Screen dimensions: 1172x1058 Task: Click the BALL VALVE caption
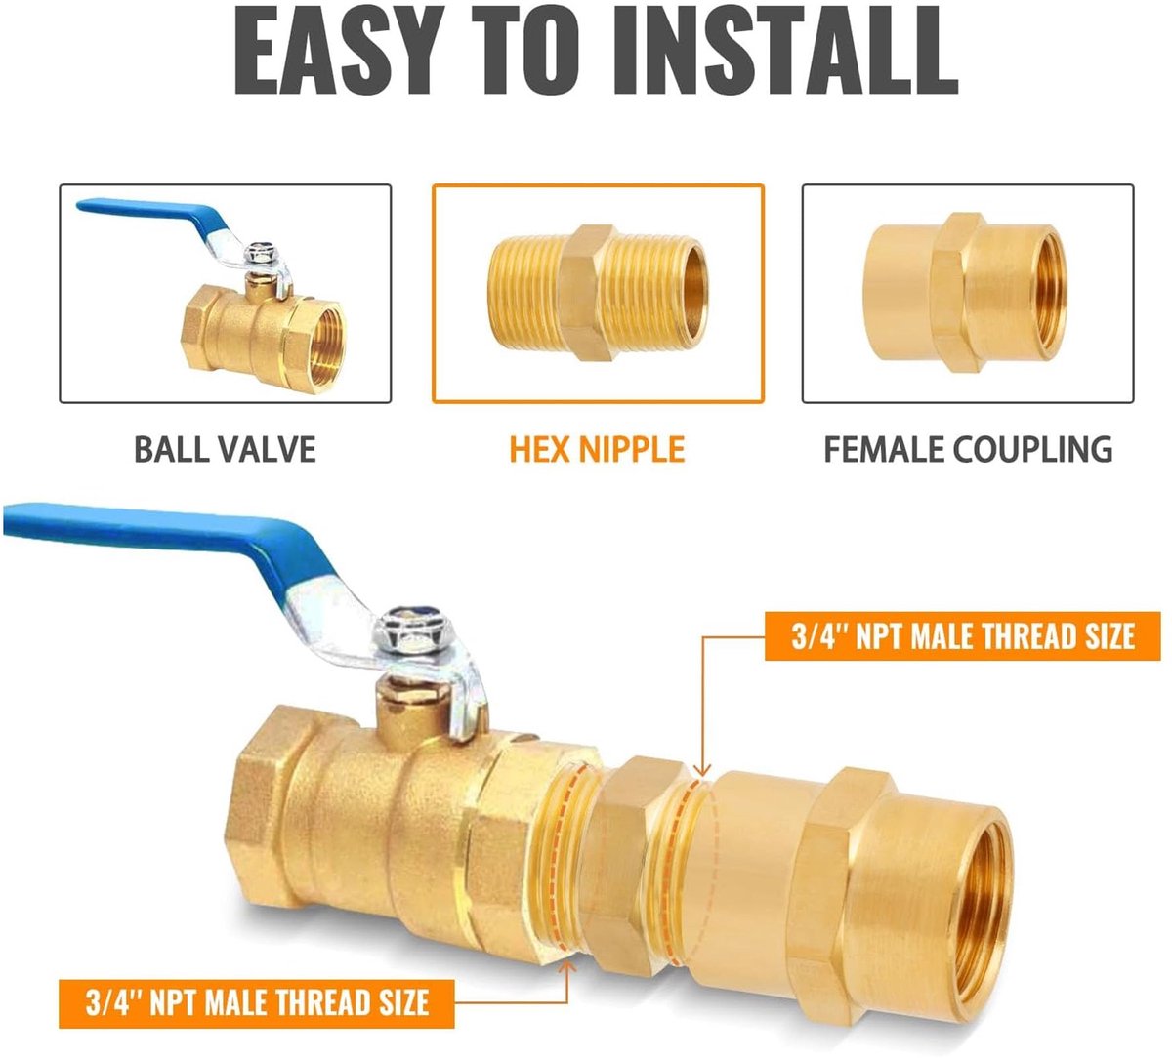click(225, 449)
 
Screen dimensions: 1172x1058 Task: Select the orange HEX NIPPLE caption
click(597, 449)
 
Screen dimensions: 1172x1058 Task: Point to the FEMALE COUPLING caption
click(968, 449)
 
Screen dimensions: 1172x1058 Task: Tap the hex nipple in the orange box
click(597, 293)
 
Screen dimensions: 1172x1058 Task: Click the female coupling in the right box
click(965, 293)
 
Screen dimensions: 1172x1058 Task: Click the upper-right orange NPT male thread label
click(963, 635)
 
